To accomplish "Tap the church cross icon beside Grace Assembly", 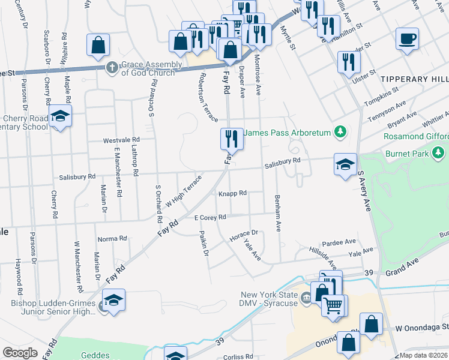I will coord(112,68).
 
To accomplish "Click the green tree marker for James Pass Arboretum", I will coord(340,131).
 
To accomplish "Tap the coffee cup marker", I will coord(407,40).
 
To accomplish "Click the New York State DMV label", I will coord(270,299).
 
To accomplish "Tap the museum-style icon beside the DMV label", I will coord(306,296).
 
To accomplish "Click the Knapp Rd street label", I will coord(232,193).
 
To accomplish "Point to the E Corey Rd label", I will coord(209,217).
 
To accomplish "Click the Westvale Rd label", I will coord(121,139).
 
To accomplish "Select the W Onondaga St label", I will coord(422,328).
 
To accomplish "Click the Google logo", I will coord(20,353).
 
